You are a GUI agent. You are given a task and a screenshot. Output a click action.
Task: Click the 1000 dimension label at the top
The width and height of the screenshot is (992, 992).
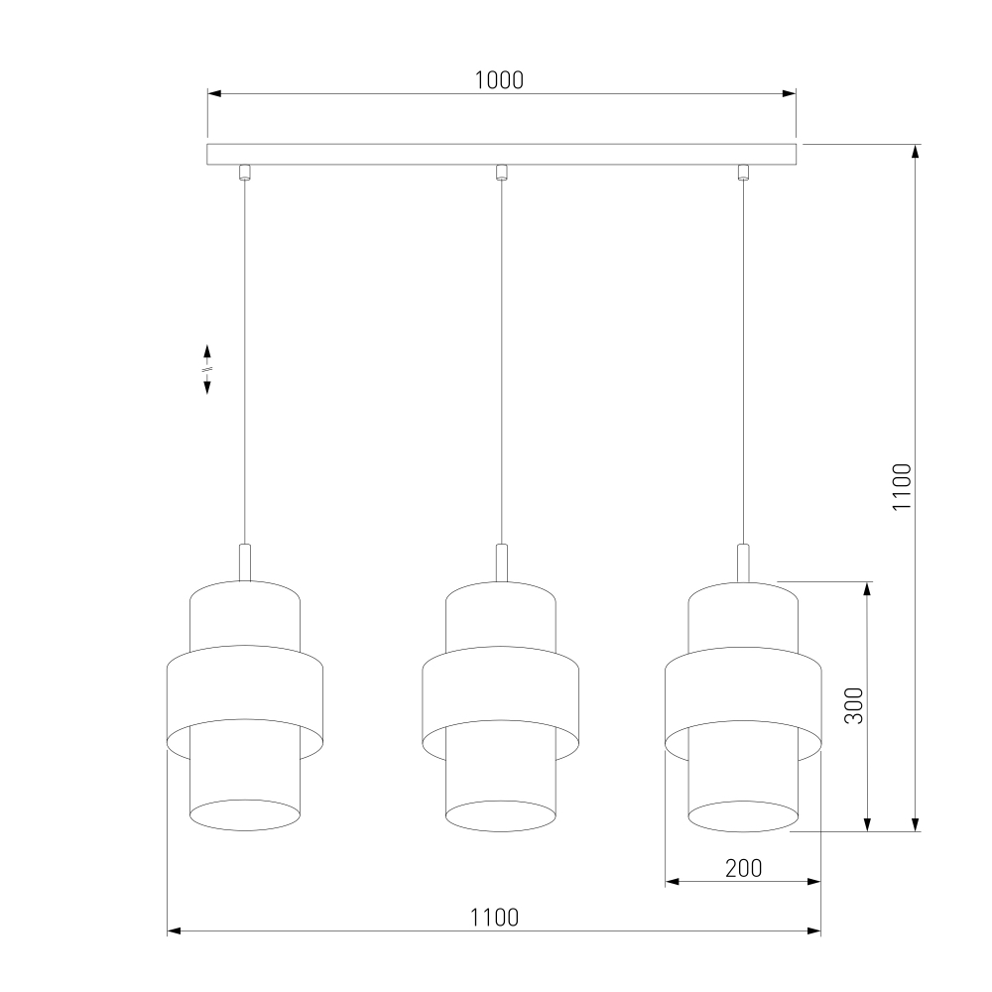pyautogui.click(x=499, y=80)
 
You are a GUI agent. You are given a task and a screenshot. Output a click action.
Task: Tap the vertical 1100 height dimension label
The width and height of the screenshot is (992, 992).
pyautogui.click(x=902, y=486)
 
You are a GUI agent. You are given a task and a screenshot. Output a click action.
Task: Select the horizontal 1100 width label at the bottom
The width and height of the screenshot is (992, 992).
pyautogui.click(x=494, y=917)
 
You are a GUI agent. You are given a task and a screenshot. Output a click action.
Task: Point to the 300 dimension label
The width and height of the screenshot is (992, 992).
pyautogui.click(x=853, y=705)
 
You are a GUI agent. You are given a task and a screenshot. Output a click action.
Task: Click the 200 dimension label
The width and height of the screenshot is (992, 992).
pyautogui.click(x=743, y=868)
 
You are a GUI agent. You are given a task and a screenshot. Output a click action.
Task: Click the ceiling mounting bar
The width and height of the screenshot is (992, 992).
pyautogui.click(x=501, y=155)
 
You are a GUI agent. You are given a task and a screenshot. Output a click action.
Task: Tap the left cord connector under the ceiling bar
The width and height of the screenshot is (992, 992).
pyautogui.click(x=245, y=172)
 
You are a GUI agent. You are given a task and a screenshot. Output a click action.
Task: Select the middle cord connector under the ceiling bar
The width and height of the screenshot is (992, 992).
pyautogui.click(x=501, y=172)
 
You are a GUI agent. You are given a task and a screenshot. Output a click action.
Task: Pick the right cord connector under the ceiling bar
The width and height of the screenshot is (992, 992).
pyautogui.click(x=743, y=172)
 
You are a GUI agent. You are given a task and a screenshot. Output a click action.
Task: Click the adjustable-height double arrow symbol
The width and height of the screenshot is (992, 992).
pyautogui.click(x=207, y=369)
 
